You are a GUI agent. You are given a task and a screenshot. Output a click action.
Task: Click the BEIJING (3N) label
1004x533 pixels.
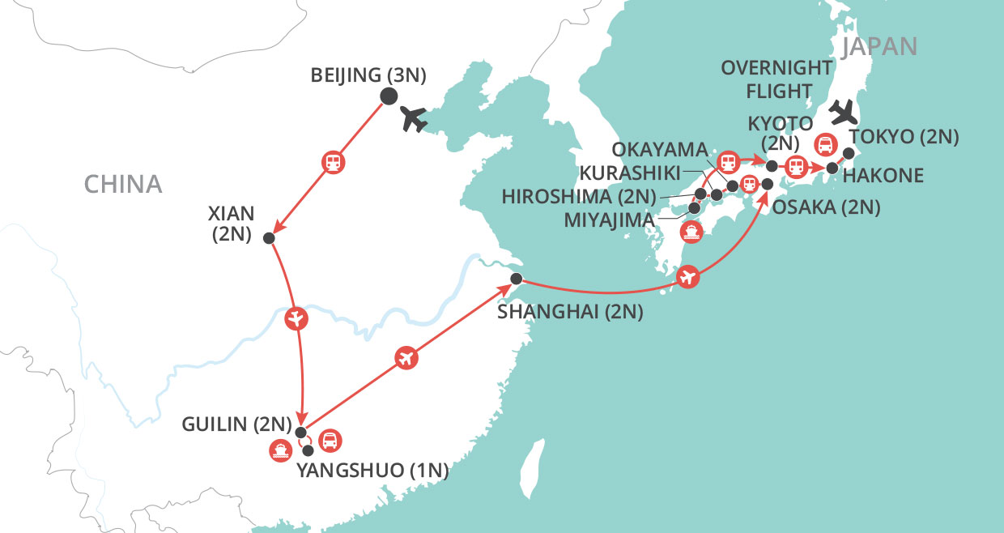tap(368, 76)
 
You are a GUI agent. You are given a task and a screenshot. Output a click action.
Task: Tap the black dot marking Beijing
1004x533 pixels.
tap(389, 96)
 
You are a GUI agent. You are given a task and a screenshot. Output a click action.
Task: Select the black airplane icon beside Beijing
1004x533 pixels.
tap(415, 119)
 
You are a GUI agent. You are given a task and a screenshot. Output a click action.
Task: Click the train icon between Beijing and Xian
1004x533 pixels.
tap(333, 162)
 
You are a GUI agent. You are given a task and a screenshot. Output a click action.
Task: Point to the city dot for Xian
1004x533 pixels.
tap(269, 239)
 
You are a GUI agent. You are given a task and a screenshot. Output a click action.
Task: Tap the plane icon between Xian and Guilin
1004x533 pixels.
tap(296, 318)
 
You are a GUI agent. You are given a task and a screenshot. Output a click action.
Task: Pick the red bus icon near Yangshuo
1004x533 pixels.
tap(331, 441)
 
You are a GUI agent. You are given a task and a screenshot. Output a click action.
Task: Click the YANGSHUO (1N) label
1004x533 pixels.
tap(373, 469)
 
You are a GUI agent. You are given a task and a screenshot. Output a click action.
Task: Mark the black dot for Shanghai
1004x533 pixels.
tap(516, 279)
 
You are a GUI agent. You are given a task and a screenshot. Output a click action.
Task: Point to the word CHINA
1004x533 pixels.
tap(123, 185)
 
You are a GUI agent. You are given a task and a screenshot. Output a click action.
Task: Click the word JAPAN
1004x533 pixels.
tap(879, 46)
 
